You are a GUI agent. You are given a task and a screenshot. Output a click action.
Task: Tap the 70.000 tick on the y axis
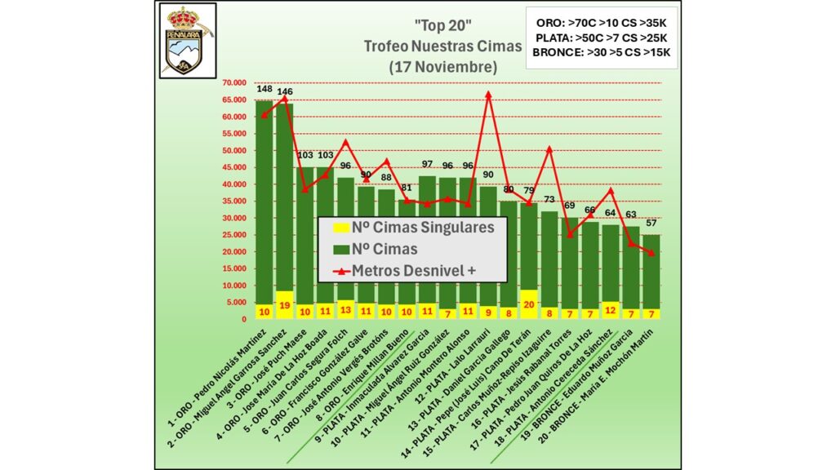237,82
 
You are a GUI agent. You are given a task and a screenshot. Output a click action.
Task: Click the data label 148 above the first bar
265,89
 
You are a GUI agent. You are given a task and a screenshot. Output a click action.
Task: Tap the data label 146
285,92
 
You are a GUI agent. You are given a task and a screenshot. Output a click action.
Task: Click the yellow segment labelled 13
345,310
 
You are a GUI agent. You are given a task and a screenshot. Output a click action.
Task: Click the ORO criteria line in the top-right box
601,22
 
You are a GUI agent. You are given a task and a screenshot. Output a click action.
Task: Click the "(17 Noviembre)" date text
442,65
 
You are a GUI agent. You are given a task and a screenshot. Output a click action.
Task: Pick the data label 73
549,200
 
